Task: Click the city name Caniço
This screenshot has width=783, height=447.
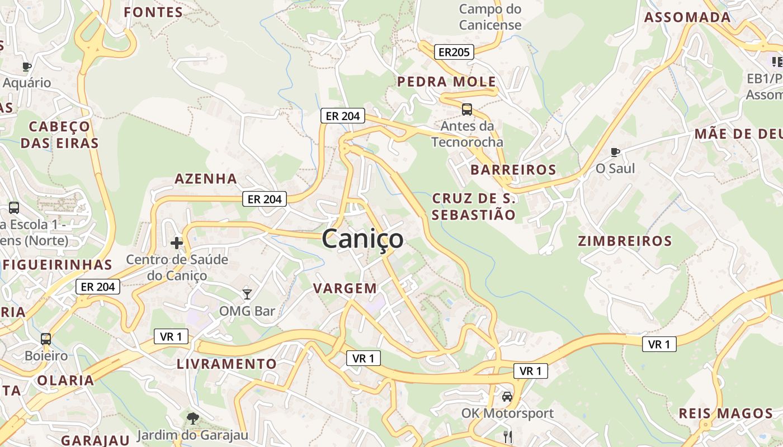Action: (362, 239)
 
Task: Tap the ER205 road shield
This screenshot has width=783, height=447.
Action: (454, 52)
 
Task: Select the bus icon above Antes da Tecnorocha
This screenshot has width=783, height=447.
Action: (466, 110)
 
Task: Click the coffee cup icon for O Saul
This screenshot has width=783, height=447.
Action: (615, 152)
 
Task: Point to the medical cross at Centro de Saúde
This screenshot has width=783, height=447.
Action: (177, 243)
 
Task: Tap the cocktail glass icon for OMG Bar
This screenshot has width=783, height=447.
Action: (247, 294)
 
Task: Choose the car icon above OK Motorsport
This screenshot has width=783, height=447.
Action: (507, 397)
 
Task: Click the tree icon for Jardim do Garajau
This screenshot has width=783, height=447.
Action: (192, 418)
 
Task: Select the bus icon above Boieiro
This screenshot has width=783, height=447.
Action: (46, 339)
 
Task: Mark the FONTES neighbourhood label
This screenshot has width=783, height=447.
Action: (153, 12)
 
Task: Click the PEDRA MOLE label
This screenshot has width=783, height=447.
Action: (446, 82)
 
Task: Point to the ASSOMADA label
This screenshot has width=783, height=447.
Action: (687, 17)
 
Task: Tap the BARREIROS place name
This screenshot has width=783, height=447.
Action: (513, 170)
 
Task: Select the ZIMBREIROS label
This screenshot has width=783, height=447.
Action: (625, 241)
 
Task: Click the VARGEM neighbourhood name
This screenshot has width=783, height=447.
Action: (345, 288)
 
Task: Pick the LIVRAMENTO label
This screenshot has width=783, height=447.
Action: (227, 364)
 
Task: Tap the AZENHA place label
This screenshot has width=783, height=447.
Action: (206, 179)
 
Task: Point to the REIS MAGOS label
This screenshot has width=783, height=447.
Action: (725, 413)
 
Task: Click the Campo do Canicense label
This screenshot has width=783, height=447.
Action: (490, 17)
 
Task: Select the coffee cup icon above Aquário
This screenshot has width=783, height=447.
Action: (26, 66)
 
